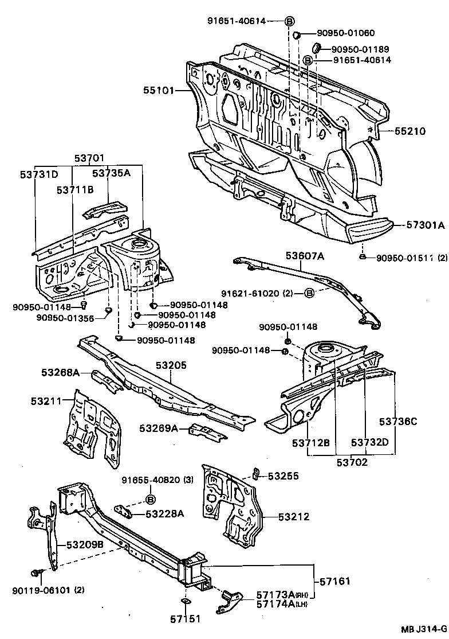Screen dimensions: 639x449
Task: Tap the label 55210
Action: [410, 131]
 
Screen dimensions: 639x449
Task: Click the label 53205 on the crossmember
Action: [171, 365]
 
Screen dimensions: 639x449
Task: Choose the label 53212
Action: [294, 517]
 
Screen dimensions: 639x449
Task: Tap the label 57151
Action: [184, 619]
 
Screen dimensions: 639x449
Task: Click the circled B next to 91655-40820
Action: [151, 498]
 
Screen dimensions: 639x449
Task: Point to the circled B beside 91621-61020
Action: [309, 294]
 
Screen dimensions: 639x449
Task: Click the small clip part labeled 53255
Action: [257, 473]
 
